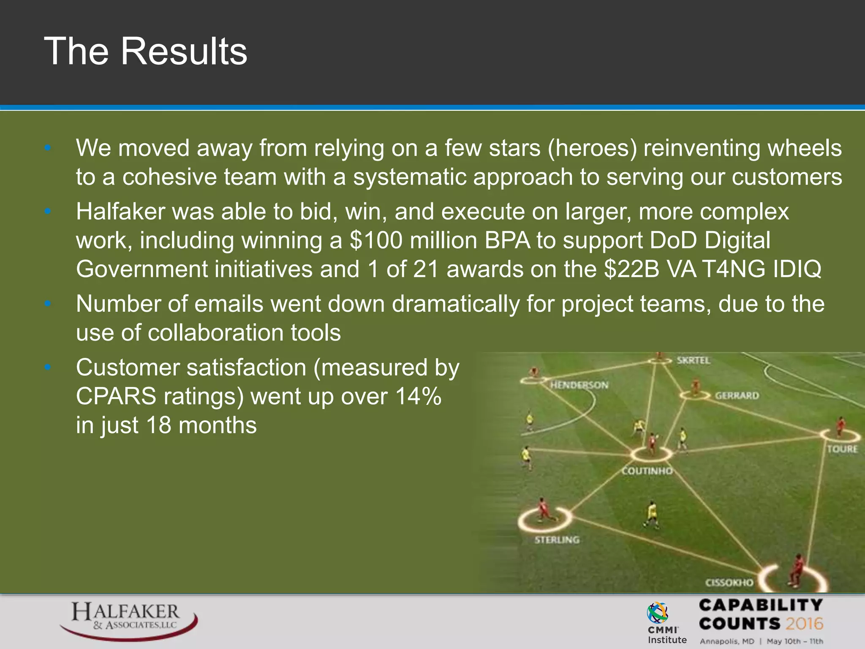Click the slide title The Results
click(x=146, y=51)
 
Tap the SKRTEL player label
click(x=694, y=360)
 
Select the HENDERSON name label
click(x=579, y=385)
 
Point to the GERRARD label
click(x=737, y=396)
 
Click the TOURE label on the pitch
click(x=842, y=449)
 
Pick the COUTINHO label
click(x=647, y=471)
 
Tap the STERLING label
click(x=557, y=540)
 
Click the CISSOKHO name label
click(x=729, y=583)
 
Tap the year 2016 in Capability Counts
click(x=804, y=624)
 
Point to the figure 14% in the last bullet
click(x=418, y=396)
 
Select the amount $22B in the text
click(x=631, y=269)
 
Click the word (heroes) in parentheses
click(x=592, y=148)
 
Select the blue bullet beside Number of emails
click(x=48, y=303)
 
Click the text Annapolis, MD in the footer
click(x=727, y=641)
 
